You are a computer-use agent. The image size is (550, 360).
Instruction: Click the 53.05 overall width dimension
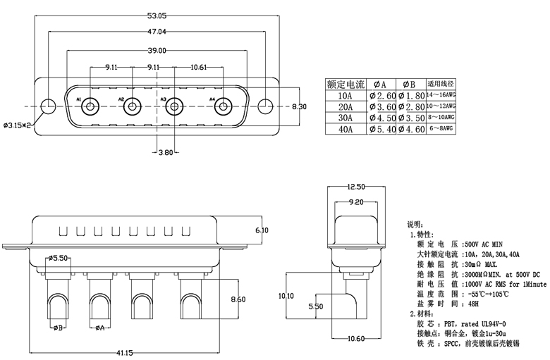[x=157, y=15]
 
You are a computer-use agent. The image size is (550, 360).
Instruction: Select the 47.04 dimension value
[x=157, y=32]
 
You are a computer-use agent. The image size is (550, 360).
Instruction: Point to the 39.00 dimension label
[x=157, y=50]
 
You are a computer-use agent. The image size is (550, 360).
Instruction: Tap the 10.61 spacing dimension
[x=198, y=68]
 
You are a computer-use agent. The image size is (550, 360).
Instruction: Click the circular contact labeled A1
[x=90, y=108]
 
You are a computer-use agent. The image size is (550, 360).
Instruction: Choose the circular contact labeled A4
[x=223, y=108]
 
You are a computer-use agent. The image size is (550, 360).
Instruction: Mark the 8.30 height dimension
[x=299, y=106]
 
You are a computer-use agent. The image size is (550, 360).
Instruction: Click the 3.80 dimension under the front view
[x=166, y=152]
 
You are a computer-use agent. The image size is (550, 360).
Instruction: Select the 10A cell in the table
[x=346, y=96]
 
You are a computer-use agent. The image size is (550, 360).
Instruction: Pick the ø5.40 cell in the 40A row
[x=381, y=130]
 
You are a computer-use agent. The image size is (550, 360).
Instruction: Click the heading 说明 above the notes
[x=416, y=223]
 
